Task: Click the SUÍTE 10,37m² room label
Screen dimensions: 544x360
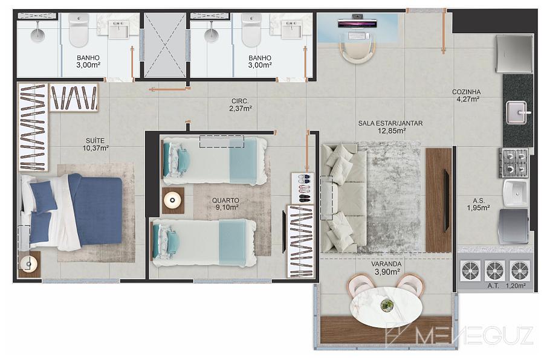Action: click(x=96, y=144)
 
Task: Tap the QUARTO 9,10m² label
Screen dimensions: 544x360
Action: click(x=225, y=204)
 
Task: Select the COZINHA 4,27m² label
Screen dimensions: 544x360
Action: click(x=467, y=95)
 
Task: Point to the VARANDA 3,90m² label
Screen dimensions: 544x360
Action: click(x=386, y=268)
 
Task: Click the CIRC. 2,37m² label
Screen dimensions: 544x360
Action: click(x=240, y=104)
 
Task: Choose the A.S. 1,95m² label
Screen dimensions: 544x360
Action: click(x=479, y=204)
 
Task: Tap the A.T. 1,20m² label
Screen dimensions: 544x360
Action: click(x=507, y=286)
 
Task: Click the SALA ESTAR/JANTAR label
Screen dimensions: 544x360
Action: click(x=390, y=123)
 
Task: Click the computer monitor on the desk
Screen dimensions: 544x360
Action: click(x=357, y=22)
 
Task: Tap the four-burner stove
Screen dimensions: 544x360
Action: click(x=514, y=162)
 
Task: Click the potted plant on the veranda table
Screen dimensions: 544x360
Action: click(x=387, y=305)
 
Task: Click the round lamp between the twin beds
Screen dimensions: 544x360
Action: click(x=172, y=200)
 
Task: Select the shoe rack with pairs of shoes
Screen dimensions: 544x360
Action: click(x=303, y=188)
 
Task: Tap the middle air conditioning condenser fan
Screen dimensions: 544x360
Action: click(x=495, y=271)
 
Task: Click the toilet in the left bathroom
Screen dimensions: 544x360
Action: click(x=79, y=31)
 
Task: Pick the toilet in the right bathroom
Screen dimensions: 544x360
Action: click(x=251, y=31)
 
